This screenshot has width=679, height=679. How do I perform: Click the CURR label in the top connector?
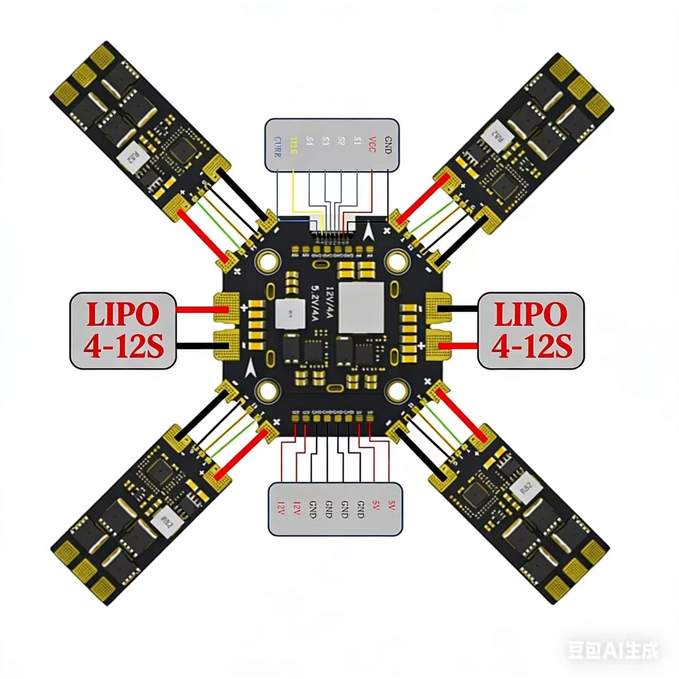pyautogui.click(x=277, y=146)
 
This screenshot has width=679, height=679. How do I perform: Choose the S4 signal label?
pyautogui.click(x=310, y=142)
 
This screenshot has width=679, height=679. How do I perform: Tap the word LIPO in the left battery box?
pyautogui.click(x=123, y=314)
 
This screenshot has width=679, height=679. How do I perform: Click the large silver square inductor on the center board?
pyautogui.click(x=361, y=308)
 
